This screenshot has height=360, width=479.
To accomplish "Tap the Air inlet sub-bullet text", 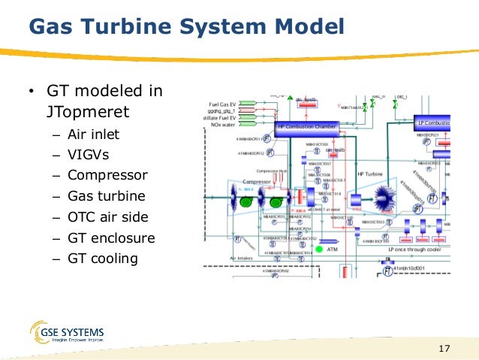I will [x=93, y=135].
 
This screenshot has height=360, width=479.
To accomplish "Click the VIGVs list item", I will [x=89, y=156].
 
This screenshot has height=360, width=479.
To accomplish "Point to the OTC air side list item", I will [x=107, y=217].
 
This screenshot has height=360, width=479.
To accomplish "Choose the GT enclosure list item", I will [x=110, y=238].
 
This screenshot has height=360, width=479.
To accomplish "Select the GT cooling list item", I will [x=103, y=259].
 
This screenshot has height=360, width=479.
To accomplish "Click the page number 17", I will [x=443, y=348].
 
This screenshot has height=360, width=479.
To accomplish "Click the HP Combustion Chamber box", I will [x=308, y=127].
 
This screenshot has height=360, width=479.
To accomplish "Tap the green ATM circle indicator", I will [x=318, y=249].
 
